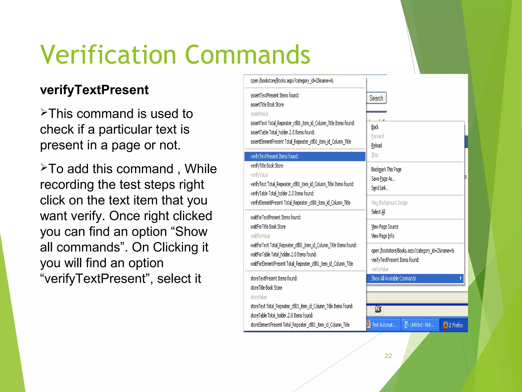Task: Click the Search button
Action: pyautogui.click(x=376, y=98)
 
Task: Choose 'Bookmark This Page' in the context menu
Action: pyautogui.click(x=386, y=169)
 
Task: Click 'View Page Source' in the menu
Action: pyautogui.click(x=385, y=227)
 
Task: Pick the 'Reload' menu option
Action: pyautogui.click(x=376, y=145)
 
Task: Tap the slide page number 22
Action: pyautogui.click(x=388, y=356)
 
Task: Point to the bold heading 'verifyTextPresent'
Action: pyautogui.click(x=94, y=90)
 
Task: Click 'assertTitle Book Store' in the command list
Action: pyautogui.click(x=267, y=105)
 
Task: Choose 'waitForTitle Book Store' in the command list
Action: pyautogui.click(x=268, y=227)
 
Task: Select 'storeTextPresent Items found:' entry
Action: pyautogui.click(x=274, y=278)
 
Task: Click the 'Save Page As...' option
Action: pyautogui.click(x=383, y=179)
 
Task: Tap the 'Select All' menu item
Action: pyautogui.click(x=378, y=212)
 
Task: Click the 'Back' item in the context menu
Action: pyautogui.click(x=375, y=127)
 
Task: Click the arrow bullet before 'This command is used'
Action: pyautogui.click(x=44, y=112)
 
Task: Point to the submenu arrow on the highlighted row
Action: pyautogui.click(x=460, y=278)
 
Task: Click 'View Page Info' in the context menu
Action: pyautogui.click(x=383, y=236)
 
